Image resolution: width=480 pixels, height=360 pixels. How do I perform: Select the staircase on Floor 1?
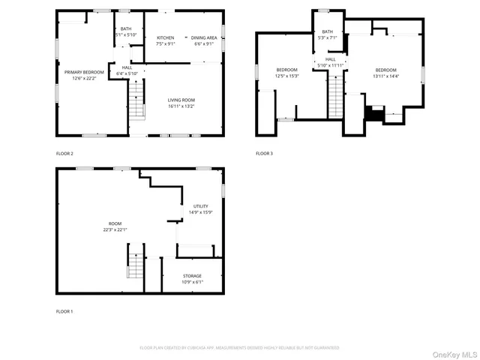pos(134,266)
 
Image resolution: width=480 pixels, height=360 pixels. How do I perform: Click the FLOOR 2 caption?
pos(64,154)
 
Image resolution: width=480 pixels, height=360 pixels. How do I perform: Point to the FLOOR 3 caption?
pos(264,154)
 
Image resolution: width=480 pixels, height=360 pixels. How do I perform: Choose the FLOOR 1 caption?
pos(64,311)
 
